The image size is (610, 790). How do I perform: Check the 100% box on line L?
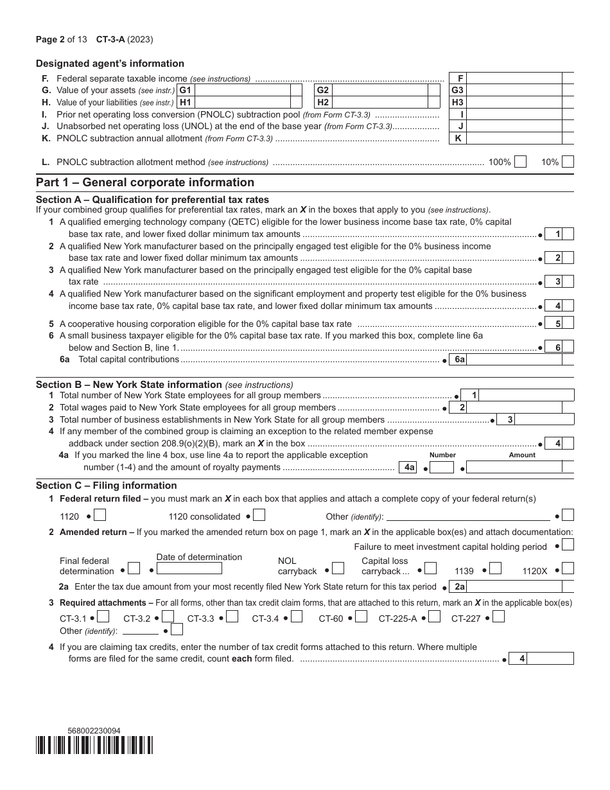[520, 162]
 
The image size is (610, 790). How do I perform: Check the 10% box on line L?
[568, 162]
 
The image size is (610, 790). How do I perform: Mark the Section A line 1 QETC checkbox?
[568, 234]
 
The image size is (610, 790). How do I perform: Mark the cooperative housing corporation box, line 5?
[568, 324]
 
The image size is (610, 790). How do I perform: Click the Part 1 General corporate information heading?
[145, 182]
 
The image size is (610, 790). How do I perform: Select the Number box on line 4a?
[442, 468]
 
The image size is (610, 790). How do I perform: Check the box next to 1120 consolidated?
[259, 515]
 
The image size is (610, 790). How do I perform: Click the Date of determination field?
[190, 568]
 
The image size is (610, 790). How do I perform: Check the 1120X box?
[568, 568]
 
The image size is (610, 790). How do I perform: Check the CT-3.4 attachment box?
[297, 617]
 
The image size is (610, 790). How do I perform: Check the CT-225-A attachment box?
[434, 617]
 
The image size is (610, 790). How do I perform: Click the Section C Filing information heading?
[106, 486]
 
